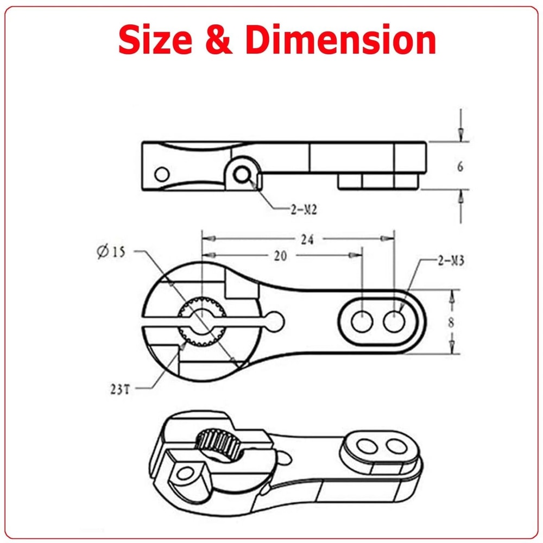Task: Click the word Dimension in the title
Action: click(x=340, y=40)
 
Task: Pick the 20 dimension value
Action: click(x=280, y=256)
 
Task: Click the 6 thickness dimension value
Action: click(x=460, y=167)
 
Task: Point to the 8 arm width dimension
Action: click(x=450, y=321)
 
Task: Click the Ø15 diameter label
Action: click(x=111, y=251)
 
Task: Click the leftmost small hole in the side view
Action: click(x=161, y=174)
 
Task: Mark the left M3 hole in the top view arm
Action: click(x=362, y=321)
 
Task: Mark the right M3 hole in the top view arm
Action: click(x=394, y=321)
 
